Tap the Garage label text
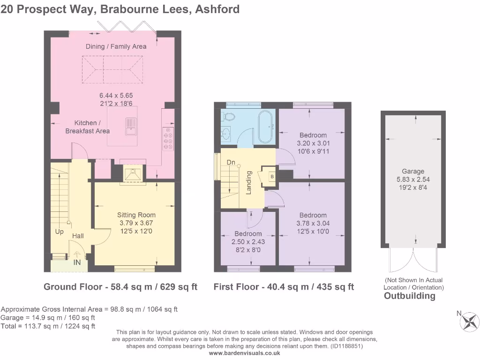(x=412, y=171)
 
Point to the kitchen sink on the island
(x=130, y=125)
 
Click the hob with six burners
(x=168, y=138)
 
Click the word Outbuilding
(x=409, y=296)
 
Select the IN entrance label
(x=77, y=262)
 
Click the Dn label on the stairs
(x=231, y=162)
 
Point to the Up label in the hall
(x=60, y=232)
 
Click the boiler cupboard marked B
(x=271, y=176)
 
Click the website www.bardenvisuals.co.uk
(x=244, y=353)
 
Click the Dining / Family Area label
(x=116, y=46)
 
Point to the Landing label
(x=249, y=182)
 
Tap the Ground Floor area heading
(x=120, y=287)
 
